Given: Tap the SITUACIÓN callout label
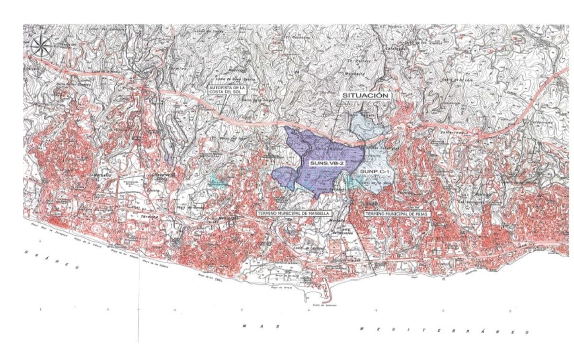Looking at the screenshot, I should pyautogui.click(x=364, y=96).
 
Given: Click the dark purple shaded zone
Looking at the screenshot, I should pyautogui.click(x=316, y=148).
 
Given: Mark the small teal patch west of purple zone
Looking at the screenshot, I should pyautogui.click(x=218, y=180).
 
